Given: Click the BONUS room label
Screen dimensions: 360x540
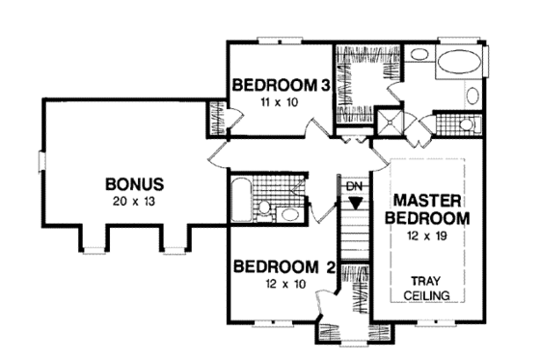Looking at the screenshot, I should pyautogui.click(x=134, y=183).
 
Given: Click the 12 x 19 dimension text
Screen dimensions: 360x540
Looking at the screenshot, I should pyautogui.click(x=431, y=235).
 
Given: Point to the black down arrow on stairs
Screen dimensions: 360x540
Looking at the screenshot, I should pyautogui.click(x=356, y=203).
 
